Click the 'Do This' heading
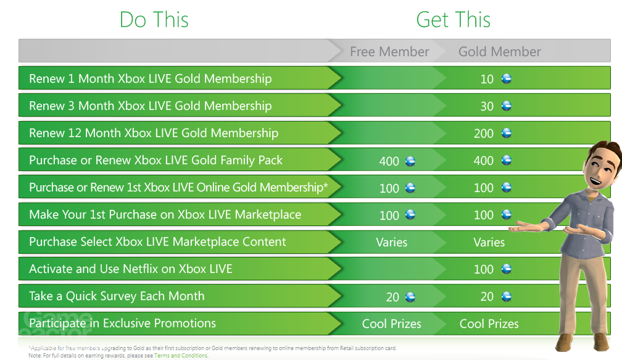[x=154, y=20]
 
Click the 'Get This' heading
[x=454, y=20]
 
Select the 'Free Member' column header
[x=389, y=52]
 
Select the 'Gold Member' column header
[x=500, y=52]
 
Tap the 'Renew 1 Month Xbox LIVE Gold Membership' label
[x=150, y=79]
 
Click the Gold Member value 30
[x=487, y=106]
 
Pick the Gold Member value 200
[x=484, y=133]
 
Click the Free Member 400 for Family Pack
[x=389, y=161]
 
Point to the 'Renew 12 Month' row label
[x=154, y=133]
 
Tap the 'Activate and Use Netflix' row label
[x=131, y=269]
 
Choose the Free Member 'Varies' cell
[x=392, y=242]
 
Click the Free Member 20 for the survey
[x=392, y=297]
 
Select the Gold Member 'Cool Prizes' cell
[x=489, y=324]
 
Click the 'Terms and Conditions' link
[x=181, y=356]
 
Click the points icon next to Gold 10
[x=507, y=79]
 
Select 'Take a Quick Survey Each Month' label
[x=117, y=296]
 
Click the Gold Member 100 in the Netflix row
[x=484, y=269]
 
